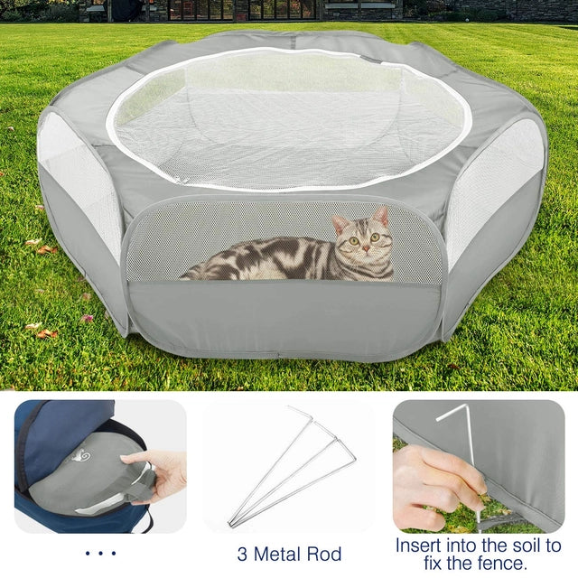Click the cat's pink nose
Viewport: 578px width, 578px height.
coord(366,248)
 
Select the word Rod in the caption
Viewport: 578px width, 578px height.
coord(325,554)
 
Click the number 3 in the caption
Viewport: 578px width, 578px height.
coord(242,554)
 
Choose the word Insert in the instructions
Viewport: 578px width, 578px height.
coord(419,545)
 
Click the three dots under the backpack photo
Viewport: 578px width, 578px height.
coord(100,553)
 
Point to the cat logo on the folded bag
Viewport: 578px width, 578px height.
coord(80,456)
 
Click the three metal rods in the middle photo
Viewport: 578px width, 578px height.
coord(292,466)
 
